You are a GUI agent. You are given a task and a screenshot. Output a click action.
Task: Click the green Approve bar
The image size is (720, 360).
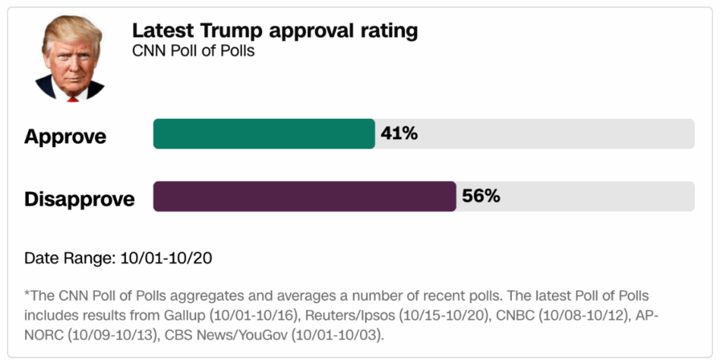point(264,134)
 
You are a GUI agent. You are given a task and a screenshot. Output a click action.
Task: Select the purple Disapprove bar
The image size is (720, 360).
point(304,196)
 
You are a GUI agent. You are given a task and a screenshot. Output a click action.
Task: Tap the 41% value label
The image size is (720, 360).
point(399,133)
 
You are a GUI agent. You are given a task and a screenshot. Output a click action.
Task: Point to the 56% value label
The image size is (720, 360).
point(481,196)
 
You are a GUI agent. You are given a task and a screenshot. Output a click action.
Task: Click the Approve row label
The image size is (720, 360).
point(65,136)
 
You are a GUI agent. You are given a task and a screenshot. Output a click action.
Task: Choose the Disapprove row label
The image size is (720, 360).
point(79,199)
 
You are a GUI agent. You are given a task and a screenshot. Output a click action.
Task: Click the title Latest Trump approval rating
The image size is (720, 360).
point(275,31)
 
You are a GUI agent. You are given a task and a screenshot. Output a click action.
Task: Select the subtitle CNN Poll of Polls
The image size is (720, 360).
point(193,51)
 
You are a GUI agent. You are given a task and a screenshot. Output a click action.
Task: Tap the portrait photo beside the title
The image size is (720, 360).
point(70,59)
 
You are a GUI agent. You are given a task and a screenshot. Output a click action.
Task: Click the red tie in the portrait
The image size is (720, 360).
point(72,98)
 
